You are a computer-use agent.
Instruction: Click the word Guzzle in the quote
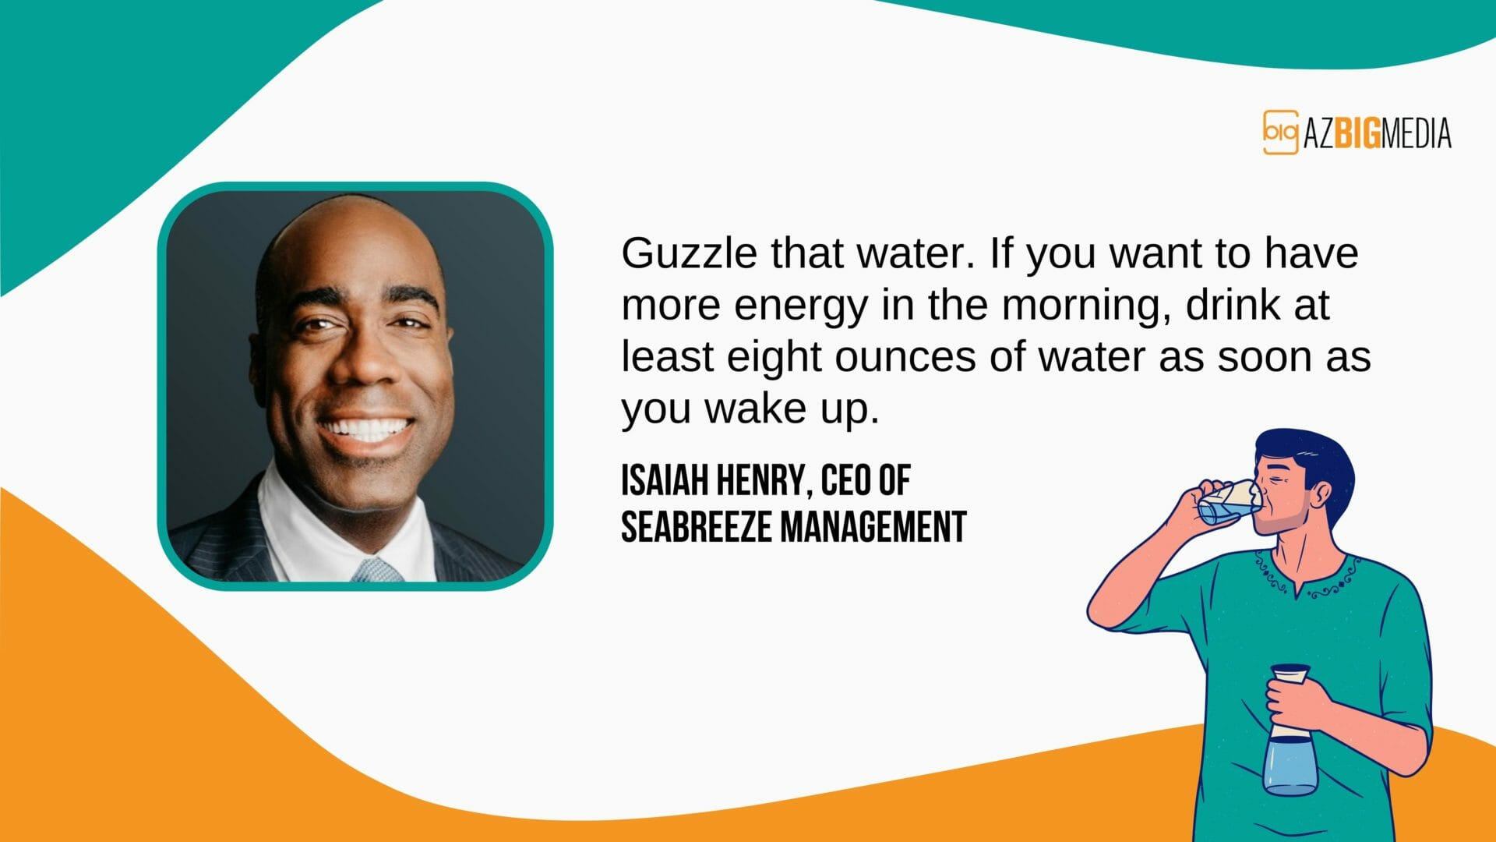tap(689, 254)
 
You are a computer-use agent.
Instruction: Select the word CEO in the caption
tap(845, 480)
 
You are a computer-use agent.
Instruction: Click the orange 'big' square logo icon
tap(1280, 133)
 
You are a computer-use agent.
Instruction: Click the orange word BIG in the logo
tap(1357, 134)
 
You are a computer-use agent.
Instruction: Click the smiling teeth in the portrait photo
tap(366, 428)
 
